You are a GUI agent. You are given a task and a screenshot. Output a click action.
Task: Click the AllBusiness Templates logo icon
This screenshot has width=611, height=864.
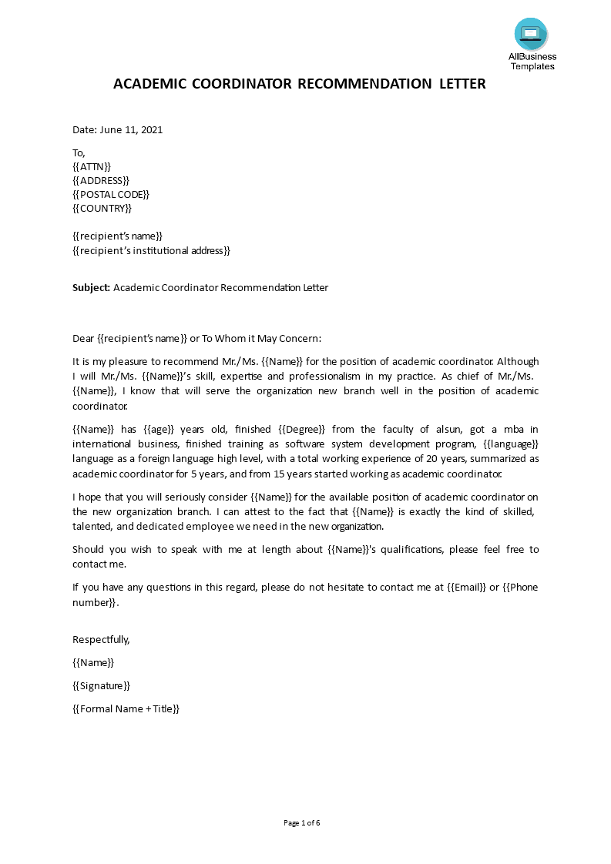click(x=531, y=34)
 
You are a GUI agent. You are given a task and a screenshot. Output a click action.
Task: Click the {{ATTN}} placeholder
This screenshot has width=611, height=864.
click(x=92, y=166)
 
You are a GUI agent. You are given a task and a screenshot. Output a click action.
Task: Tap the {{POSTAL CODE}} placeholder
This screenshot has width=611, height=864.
click(x=111, y=194)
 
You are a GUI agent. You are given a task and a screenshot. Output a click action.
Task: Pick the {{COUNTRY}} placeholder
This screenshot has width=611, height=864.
click(x=102, y=208)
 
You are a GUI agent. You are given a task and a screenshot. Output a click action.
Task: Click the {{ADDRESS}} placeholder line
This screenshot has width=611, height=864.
click(x=101, y=180)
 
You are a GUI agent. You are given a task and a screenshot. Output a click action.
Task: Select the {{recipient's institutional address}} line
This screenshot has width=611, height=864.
click(x=151, y=250)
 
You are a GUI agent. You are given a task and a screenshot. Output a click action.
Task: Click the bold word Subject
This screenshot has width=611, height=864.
click(x=91, y=288)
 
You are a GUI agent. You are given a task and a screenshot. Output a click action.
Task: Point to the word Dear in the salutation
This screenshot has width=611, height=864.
click(x=83, y=338)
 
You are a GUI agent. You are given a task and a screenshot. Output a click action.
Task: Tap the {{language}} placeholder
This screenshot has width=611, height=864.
click(x=511, y=444)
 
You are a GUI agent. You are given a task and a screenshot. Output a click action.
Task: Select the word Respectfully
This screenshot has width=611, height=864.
click(x=101, y=639)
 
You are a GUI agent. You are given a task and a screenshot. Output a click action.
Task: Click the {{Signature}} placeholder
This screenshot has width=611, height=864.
click(x=101, y=685)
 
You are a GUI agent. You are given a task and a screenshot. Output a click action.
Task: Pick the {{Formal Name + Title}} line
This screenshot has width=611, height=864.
click(x=126, y=708)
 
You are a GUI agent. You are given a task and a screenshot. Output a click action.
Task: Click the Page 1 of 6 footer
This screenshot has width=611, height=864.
click(x=302, y=823)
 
